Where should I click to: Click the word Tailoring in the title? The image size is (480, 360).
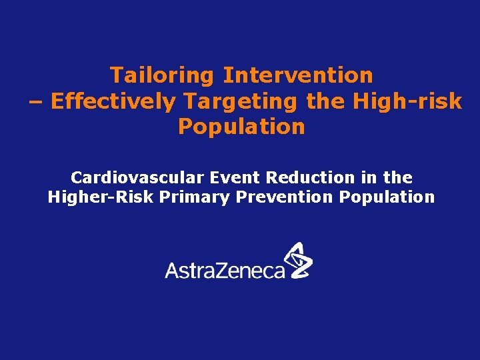point(163,75)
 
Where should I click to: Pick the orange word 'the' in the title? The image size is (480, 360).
point(325,101)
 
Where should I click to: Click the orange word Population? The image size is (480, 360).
point(241,127)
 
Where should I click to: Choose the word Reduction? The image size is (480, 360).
point(311,178)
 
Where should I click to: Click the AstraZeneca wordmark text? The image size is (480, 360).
point(225,269)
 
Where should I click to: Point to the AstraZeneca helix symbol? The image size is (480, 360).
point(298,260)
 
